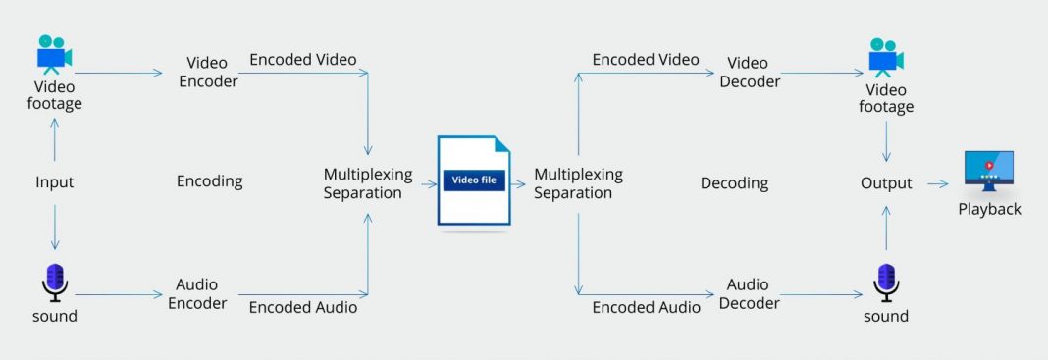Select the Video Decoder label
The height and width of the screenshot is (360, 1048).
tap(750, 73)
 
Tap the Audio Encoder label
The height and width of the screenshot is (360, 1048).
tap(197, 293)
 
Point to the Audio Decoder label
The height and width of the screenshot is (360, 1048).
tap(749, 293)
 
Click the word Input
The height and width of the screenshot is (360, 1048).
tap(55, 182)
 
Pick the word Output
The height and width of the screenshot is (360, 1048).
tap(886, 183)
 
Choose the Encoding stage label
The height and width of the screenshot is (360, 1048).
tap(209, 181)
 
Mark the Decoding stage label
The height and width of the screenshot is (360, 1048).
tap(734, 183)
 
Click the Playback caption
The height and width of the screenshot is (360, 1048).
tap(989, 209)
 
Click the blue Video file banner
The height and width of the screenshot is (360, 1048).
tap(474, 180)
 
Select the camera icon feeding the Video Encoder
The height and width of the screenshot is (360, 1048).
tap(55, 55)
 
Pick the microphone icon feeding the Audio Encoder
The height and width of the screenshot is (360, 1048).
tap(55, 282)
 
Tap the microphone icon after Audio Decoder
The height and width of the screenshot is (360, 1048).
tap(886, 282)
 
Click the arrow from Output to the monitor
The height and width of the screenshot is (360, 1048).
tap(936, 183)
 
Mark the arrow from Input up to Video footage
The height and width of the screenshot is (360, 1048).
tap(55, 139)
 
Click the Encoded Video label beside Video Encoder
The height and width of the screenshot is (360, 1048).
tap(303, 59)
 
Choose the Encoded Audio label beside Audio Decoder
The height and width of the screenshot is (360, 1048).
tap(647, 307)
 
